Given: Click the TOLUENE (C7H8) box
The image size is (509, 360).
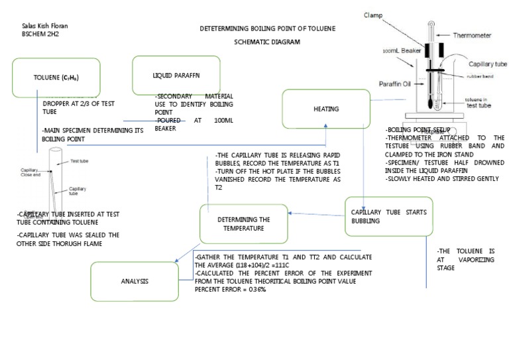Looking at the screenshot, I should [x=56, y=78].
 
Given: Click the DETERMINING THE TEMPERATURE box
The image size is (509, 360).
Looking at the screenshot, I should [x=243, y=223].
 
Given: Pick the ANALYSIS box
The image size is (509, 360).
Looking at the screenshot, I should [x=135, y=281].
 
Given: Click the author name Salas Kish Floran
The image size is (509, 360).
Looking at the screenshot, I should [x=45, y=26].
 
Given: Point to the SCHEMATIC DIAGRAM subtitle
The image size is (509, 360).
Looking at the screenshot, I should [x=267, y=42].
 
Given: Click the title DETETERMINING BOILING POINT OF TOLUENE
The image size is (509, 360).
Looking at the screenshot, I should [x=268, y=29].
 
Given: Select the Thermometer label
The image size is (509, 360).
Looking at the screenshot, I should [x=471, y=35].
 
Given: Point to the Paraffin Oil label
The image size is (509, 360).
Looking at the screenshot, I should [x=395, y=84].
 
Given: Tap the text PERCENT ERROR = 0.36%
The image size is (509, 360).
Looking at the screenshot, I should [x=231, y=290].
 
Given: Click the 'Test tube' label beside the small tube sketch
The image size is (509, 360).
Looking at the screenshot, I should [x=80, y=161].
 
